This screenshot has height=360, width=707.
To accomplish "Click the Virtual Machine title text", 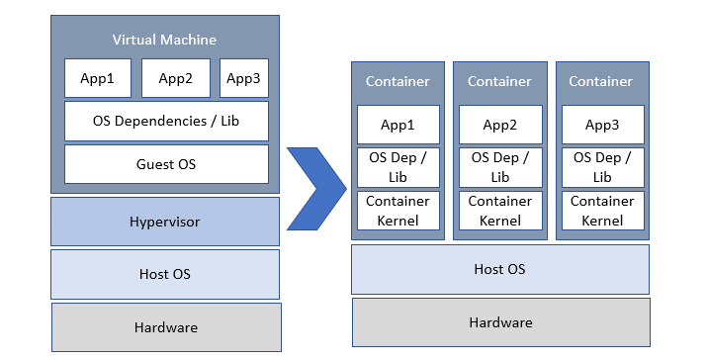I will coord(164,40).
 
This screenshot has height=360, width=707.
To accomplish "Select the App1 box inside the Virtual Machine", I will coord(97,78).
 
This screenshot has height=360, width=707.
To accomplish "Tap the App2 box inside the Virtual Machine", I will coord(176,78).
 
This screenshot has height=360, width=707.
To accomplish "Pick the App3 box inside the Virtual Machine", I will coord(243,78).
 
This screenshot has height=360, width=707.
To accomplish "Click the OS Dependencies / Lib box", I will coord(166,121).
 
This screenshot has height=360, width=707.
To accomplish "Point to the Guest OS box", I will coord(166,163).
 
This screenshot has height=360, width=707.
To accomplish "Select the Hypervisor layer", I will coord(165,222).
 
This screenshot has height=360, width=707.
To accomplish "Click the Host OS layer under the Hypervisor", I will coord(165,274).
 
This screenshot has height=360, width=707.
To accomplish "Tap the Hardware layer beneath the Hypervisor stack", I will coord(166,327).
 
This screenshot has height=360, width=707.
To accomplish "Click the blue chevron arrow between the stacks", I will coord(318,189).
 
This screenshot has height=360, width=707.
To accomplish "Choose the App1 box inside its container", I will coord(398,125).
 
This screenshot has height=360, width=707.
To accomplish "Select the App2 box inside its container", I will coord(500,125).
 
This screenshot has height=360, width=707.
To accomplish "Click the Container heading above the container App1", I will coord(398,81).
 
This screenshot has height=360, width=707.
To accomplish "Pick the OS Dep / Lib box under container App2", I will coord(500,166).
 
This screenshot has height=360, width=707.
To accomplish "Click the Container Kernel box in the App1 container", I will coord(398,210).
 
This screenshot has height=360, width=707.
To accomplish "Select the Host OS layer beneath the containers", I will coord(500,269).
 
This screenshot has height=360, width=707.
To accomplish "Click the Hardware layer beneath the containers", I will coord(501,322).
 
